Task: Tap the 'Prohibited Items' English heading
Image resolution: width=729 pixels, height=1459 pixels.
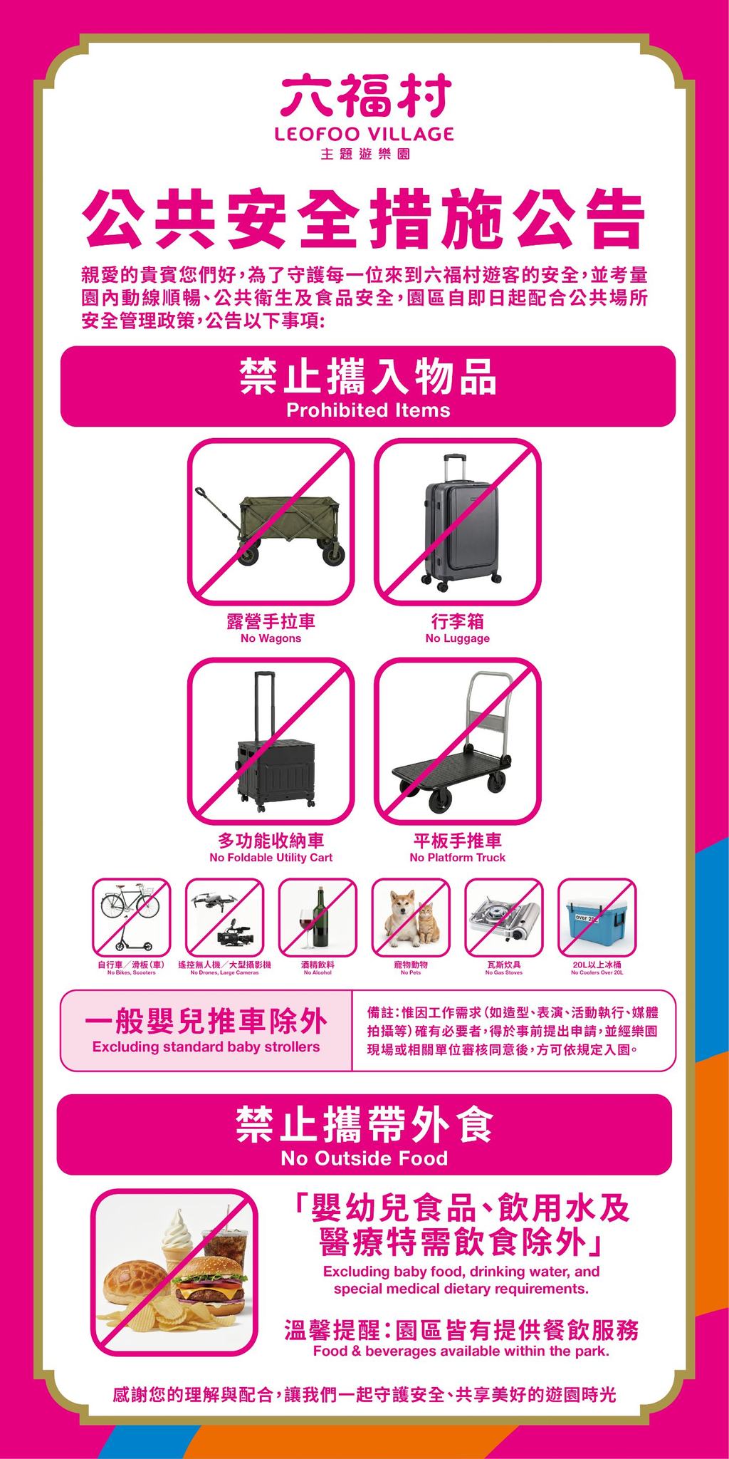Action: [x=367, y=410]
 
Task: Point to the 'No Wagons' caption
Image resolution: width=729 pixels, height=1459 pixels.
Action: [x=271, y=638]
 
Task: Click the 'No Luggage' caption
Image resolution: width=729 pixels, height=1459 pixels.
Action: [x=457, y=638]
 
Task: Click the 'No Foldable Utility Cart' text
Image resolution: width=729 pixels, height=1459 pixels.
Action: [x=271, y=858]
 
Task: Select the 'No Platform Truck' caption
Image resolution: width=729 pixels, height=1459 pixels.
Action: [x=457, y=858]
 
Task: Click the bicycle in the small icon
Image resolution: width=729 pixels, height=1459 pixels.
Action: [x=130, y=903]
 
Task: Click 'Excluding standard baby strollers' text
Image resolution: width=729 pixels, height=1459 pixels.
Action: [x=206, y=1047]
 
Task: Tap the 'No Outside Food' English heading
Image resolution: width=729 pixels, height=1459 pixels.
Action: [x=364, y=1158]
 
